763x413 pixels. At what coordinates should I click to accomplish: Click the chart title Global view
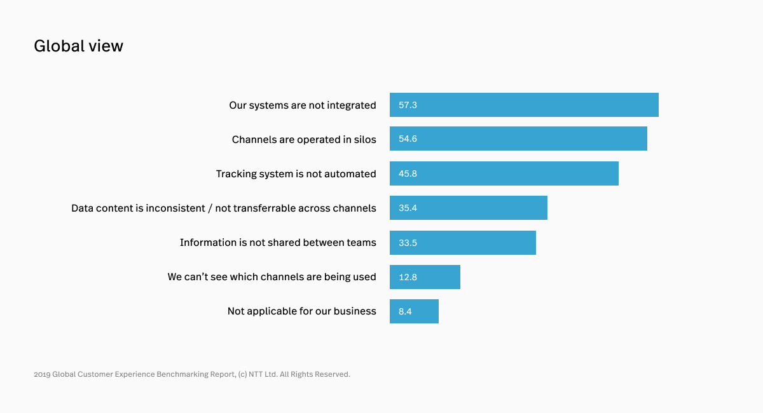pyautogui.click(x=78, y=46)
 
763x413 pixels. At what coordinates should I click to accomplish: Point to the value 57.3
pyautogui.click(x=408, y=105)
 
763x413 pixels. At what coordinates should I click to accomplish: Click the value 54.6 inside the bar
pyautogui.click(x=408, y=139)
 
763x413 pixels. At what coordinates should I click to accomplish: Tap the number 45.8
pyautogui.click(x=408, y=173)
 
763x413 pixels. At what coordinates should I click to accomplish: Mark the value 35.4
pyautogui.click(x=408, y=208)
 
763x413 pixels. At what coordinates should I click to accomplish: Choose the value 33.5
pyautogui.click(x=408, y=243)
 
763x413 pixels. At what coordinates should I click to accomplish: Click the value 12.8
pyautogui.click(x=408, y=277)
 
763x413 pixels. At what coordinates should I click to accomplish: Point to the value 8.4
pyautogui.click(x=405, y=311)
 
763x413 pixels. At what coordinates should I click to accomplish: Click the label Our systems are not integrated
pyautogui.click(x=302, y=105)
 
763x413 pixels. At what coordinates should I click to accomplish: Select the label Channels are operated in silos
pyautogui.click(x=303, y=140)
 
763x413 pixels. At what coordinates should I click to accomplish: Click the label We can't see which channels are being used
pyautogui.click(x=272, y=277)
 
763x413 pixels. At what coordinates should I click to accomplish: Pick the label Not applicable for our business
pyautogui.click(x=301, y=311)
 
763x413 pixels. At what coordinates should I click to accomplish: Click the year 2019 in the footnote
pyautogui.click(x=41, y=374)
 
